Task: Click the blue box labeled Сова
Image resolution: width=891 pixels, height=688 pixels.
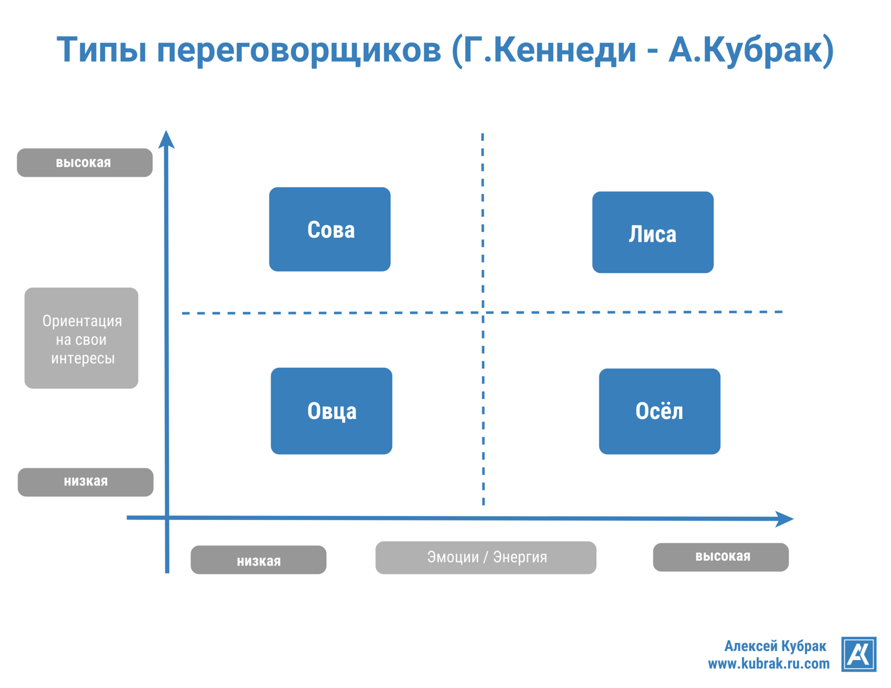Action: coord(329,229)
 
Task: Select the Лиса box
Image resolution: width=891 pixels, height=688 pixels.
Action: coord(652,232)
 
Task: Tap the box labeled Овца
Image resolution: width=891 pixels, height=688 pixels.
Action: coord(331,411)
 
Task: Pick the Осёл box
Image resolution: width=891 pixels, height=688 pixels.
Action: coord(659,411)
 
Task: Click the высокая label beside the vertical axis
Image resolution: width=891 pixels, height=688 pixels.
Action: coord(84,163)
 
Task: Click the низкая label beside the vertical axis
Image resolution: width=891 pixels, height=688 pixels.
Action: coord(85,482)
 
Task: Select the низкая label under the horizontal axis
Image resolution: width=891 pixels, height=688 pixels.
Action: coord(258,560)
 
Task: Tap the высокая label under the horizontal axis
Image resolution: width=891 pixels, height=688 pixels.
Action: coord(720,557)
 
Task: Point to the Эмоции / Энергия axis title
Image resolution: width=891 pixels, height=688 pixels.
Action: coord(485,558)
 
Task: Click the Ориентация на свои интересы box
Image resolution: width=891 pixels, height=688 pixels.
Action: coord(81,338)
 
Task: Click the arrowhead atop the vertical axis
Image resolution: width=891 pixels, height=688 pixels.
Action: coord(166,139)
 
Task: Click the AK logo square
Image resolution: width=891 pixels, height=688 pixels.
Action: coord(858,654)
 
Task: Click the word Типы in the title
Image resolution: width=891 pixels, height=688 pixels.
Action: coord(101,50)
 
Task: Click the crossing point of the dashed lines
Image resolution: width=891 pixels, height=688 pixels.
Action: coord(483,313)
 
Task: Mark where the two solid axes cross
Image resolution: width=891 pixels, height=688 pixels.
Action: coord(167,517)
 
